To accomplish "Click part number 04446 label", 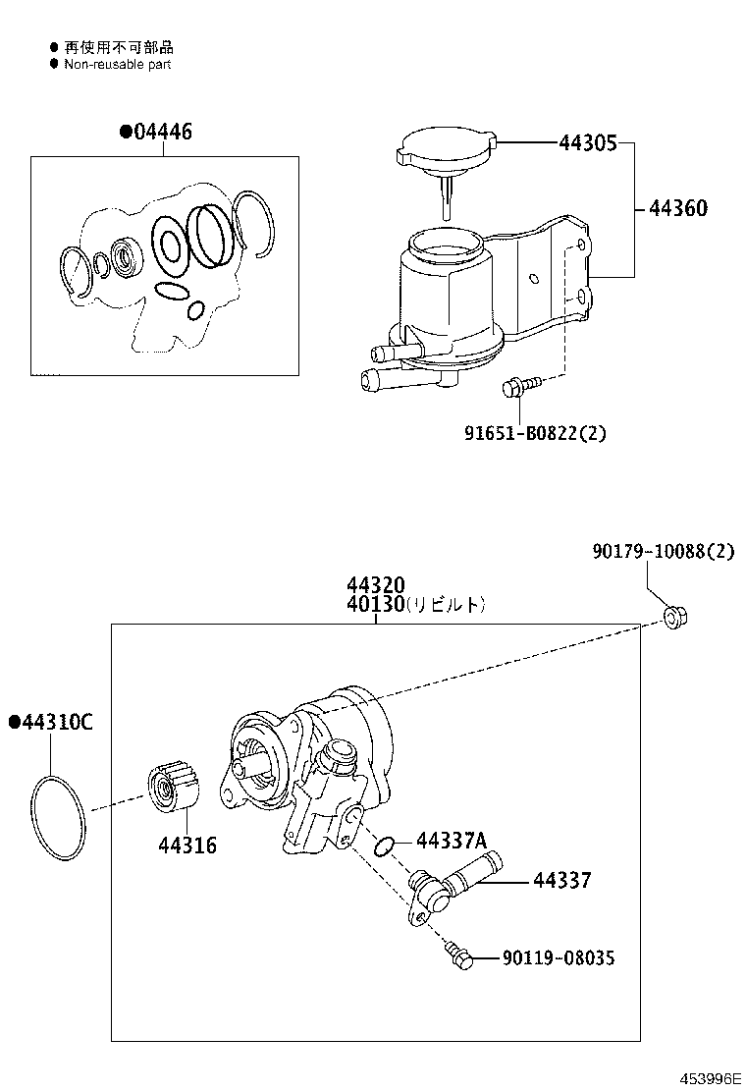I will coord(161,133).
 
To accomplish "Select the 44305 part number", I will coord(587,143).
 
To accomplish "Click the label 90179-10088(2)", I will coord(663,552).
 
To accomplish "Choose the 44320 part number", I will coord(375,586).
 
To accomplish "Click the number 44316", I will coord(186,846).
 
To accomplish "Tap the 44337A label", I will coord(452,840).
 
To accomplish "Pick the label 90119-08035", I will coord(558,957).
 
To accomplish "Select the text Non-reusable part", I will coord(117,64).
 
